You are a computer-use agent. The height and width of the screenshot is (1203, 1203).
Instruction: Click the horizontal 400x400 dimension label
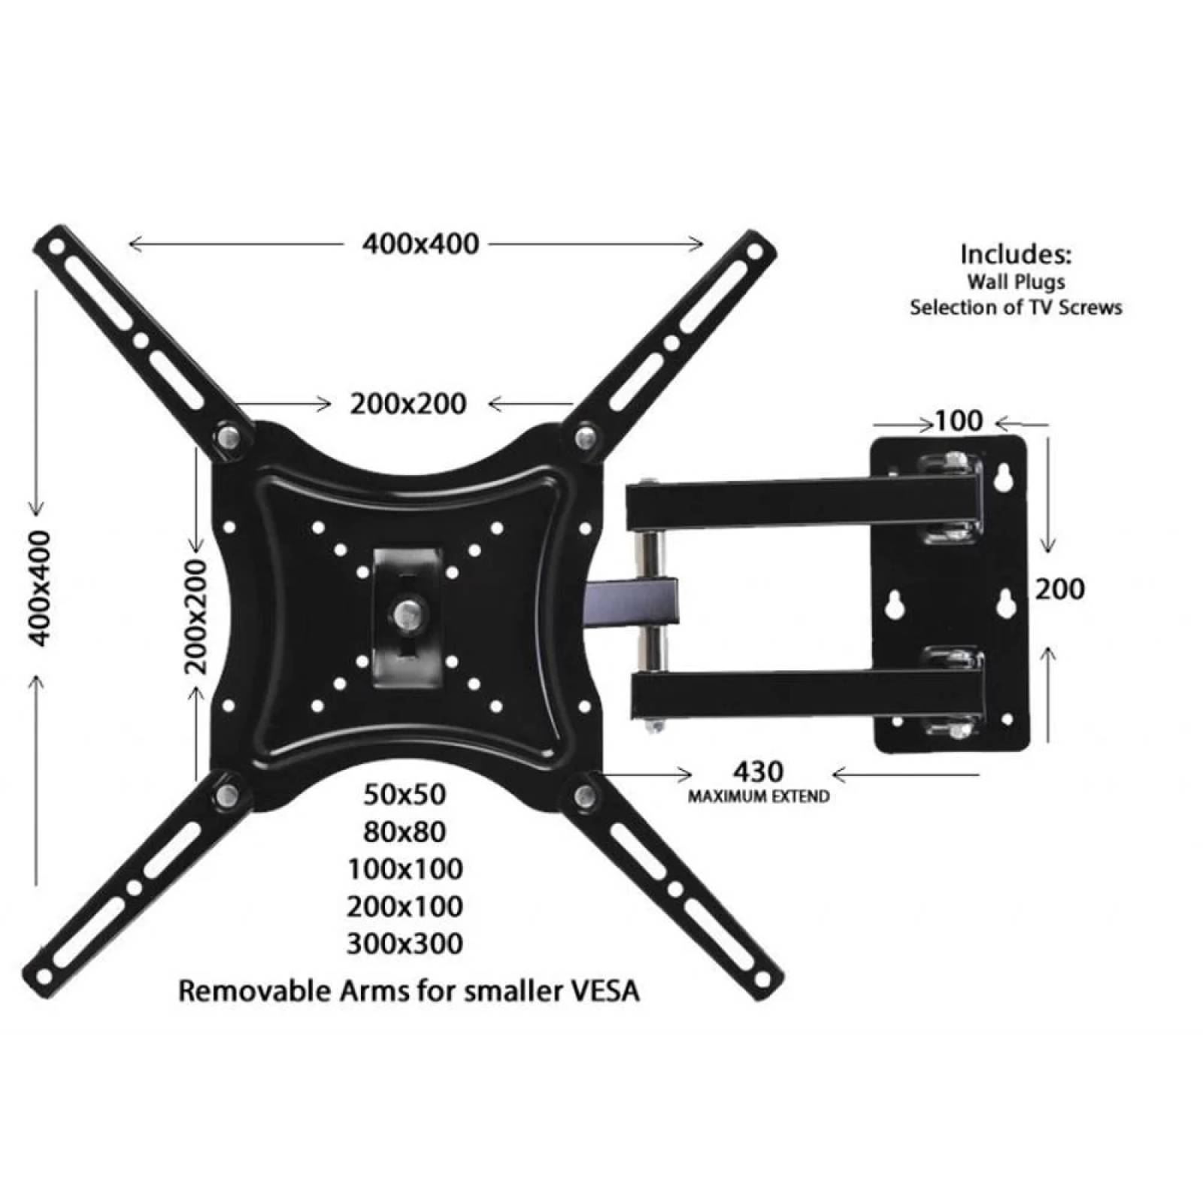click(420, 244)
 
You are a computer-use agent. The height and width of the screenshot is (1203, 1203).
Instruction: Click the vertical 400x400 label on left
click(39, 587)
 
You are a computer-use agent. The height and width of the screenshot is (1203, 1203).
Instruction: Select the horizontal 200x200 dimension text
click(408, 405)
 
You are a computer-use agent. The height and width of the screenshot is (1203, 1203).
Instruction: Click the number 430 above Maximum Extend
click(758, 771)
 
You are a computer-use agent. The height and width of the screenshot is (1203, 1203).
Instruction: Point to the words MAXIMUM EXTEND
click(759, 795)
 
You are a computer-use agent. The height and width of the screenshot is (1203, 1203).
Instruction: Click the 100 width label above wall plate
click(958, 421)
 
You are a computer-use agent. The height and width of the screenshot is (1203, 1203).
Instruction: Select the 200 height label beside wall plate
click(1059, 589)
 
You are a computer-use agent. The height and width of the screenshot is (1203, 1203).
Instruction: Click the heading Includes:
click(1015, 254)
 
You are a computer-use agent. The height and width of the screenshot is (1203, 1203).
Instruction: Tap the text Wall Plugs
click(1015, 282)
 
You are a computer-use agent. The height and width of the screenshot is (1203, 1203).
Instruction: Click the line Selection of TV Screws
click(1015, 308)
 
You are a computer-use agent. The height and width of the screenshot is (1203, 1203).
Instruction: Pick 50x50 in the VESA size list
click(405, 794)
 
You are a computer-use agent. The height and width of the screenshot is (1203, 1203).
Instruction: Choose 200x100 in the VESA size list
click(405, 906)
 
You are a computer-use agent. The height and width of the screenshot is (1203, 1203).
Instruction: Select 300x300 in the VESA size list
click(405, 944)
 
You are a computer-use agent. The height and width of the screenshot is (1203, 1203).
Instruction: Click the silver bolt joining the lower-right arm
click(583, 795)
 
